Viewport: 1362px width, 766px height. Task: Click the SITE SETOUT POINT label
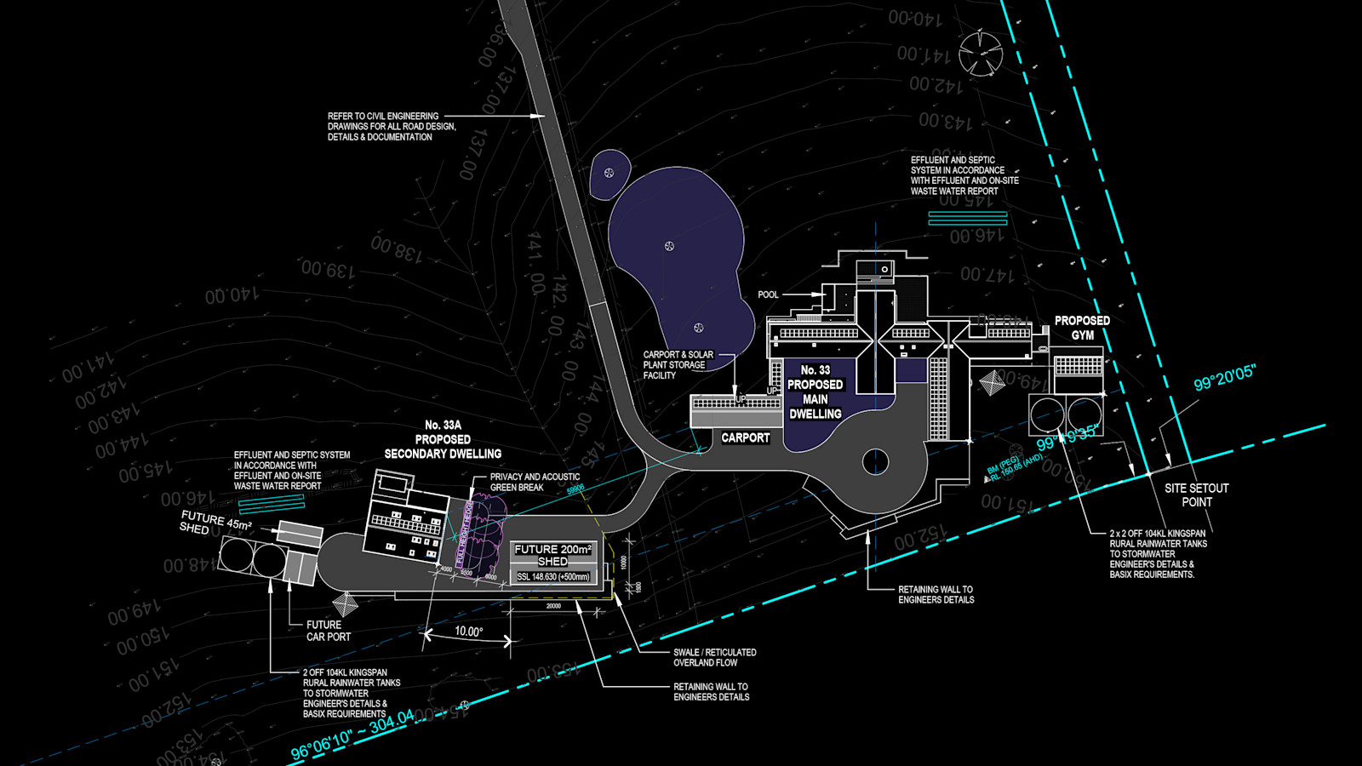point(1196,494)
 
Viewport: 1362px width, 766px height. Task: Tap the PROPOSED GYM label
point(1082,328)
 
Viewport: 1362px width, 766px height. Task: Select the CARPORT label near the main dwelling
point(745,437)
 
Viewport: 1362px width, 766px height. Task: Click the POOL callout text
point(768,294)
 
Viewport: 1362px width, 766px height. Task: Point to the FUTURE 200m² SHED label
point(552,555)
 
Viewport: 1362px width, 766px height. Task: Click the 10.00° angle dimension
point(468,632)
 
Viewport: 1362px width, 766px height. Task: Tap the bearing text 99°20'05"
point(1224,378)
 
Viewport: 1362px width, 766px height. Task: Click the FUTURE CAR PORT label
point(328,631)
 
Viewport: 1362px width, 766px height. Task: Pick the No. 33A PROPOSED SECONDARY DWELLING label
point(443,439)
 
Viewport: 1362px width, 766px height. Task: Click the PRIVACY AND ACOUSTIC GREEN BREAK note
point(535,482)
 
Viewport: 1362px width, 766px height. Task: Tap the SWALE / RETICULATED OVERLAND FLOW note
point(714,657)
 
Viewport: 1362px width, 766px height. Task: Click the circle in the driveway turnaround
point(875,462)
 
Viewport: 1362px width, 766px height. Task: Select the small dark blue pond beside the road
point(609,174)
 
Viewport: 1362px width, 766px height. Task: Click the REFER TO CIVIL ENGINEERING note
point(391,126)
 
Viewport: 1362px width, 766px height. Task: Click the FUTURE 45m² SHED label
point(215,523)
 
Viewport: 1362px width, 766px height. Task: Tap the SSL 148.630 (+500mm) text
point(552,577)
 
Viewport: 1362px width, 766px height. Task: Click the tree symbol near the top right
point(981,53)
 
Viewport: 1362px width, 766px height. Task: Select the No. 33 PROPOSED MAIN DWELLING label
point(815,392)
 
